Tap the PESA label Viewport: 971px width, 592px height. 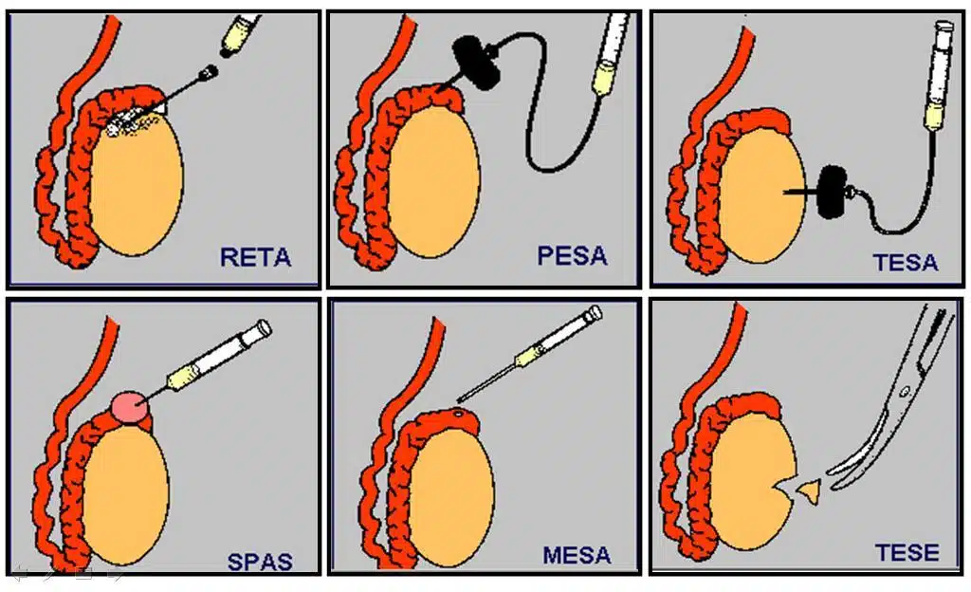[x=572, y=256]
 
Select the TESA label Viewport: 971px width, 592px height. [x=906, y=262]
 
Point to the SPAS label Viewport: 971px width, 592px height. [x=260, y=561]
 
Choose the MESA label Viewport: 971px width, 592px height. [x=577, y=555]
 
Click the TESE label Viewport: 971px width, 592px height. [x=907, y=552]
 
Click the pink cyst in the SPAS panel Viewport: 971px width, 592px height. [x=129, y=407]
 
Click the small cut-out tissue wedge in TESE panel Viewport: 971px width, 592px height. [x=808, y=490]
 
